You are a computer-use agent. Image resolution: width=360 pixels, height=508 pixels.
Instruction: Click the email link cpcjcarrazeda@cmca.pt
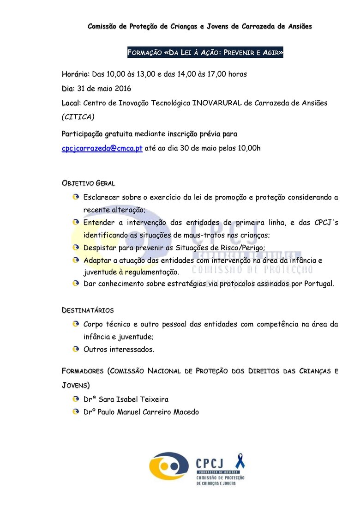pos(102,148)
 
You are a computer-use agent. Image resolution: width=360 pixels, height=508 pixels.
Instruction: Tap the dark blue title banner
pos(205,53)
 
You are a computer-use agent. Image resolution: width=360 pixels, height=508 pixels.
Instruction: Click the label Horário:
pos(76,74)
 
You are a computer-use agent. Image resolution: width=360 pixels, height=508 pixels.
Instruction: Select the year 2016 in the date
pos(122,88)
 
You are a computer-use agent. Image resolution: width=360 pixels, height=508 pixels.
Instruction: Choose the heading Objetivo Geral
pos(88,183)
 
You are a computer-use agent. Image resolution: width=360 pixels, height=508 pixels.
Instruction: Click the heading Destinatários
pos(88,309)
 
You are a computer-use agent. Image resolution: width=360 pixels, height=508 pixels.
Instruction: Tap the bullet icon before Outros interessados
pos(76,349)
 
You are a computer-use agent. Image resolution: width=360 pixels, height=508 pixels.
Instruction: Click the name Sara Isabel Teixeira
pos(133,399)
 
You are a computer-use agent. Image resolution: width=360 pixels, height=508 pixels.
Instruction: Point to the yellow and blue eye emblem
pos(169,466)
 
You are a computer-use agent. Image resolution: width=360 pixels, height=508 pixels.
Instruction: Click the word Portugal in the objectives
pos(318,284)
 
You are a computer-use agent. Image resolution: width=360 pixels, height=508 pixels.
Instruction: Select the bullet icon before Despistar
pos(76,247)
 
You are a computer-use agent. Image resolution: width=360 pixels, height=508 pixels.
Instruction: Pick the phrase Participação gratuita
pos(97,134)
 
